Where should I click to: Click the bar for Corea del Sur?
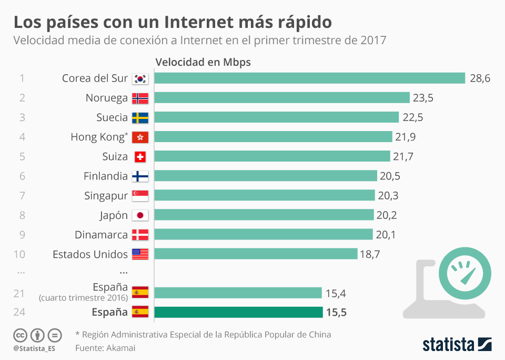(x=310, y=78)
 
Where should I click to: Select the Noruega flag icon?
(x=140, y=98)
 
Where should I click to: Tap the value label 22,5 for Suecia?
(x=412, y=117)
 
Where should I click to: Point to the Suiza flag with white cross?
(x=140, y=157)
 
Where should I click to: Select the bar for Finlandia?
(x=266, y=176)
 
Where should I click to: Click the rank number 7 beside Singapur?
(x=22, y=196)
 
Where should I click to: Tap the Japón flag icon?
(x=140, y=215)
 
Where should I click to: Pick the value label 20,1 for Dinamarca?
(x=386, y=235)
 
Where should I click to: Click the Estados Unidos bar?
(x=256, y=254)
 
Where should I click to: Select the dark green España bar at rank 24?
(x=238, y=312)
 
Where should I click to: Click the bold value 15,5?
(x=336, y=313)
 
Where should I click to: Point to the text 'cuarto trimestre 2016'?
(x=83, y=298)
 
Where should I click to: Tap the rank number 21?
(x=19, y=293)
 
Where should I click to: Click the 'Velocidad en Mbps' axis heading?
(x=203, y=62)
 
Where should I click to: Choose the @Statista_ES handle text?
(x=34, y=348)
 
